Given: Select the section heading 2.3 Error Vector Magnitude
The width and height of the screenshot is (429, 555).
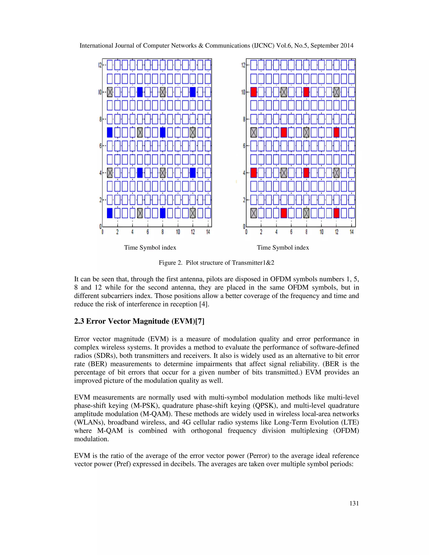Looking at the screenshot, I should (139, 321).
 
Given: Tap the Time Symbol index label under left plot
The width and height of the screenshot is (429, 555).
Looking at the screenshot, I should (150, 248).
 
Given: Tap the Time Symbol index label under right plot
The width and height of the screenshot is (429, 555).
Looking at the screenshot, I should (283, 248).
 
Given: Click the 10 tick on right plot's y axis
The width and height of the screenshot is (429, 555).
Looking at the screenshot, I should (243, 92).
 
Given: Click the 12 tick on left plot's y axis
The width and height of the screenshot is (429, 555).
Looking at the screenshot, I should (100, 65).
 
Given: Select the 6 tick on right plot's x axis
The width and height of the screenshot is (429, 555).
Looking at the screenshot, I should (291, 232).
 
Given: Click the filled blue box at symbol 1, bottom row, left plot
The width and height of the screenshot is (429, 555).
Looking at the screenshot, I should (110, 213).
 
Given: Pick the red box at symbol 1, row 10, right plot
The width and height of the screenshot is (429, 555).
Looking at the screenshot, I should (253, 92).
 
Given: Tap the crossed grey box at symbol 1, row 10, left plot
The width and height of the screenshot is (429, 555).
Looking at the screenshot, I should (110, 92).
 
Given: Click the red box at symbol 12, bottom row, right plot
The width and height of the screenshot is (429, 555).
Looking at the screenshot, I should (336, 213).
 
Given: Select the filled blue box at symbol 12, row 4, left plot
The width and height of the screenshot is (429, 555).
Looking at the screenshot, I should (193, 173).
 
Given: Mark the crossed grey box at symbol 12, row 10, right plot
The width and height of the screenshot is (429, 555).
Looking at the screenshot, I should (336, 92).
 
